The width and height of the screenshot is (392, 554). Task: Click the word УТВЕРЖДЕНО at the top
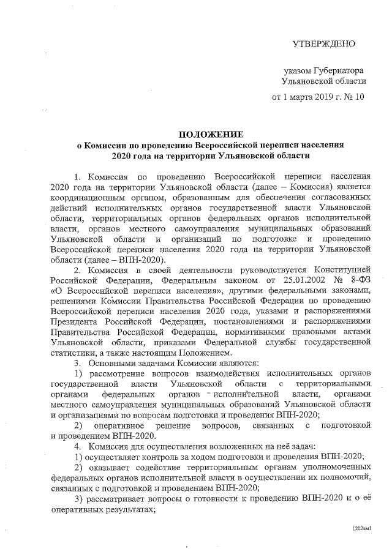(x=323, y=43)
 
